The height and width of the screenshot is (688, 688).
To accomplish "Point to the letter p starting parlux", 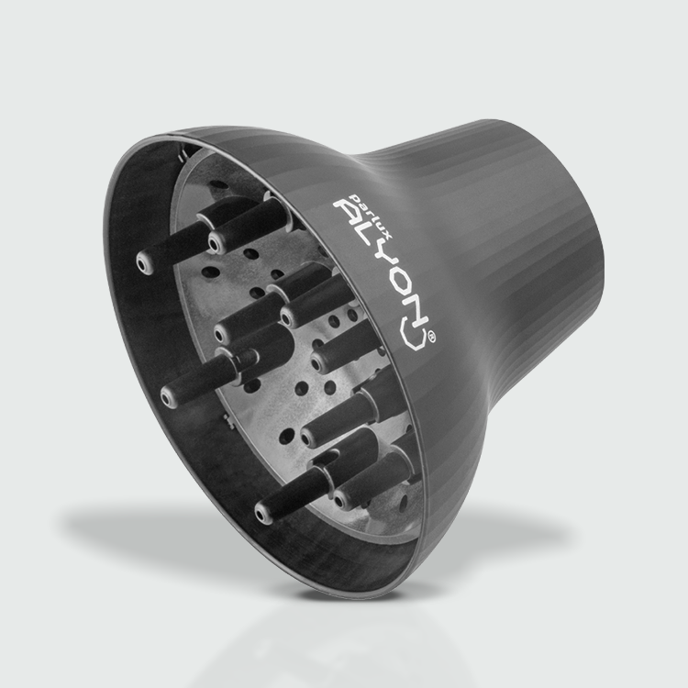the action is click(351, 195).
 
